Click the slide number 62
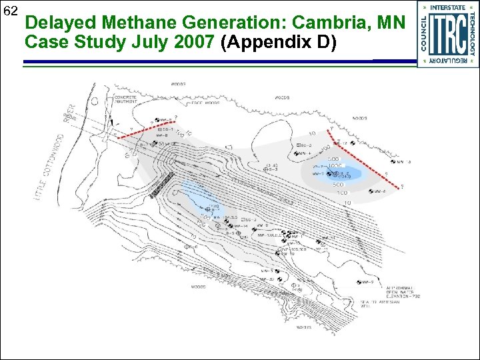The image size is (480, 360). point(11,11)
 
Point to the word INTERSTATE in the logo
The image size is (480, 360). point(447,7)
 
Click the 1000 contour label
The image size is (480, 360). point(333,165)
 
